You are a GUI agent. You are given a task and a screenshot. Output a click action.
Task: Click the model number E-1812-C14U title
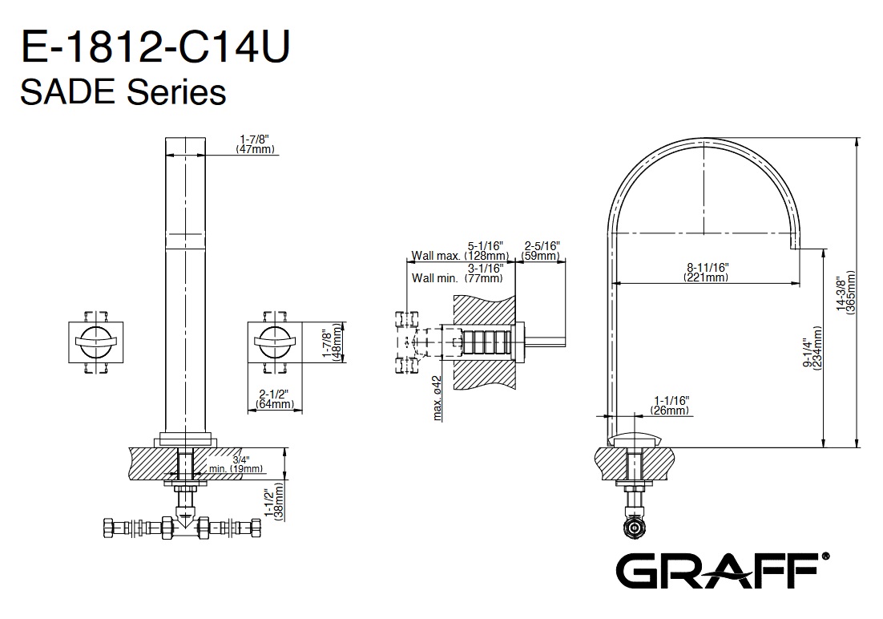(155, 47)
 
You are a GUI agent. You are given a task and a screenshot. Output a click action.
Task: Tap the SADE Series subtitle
(123, 92)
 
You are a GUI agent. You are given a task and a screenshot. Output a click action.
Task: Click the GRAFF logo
(717, 571)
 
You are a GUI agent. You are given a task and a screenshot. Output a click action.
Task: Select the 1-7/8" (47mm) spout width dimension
(255, 144)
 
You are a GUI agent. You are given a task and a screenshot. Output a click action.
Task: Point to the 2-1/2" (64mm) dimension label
(274, 399)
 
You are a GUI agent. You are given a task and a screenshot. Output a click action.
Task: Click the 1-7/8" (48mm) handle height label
(333, 342)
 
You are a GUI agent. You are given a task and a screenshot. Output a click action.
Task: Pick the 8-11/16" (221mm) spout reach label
(707, 272)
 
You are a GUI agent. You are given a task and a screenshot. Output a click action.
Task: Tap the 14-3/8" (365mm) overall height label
(846, 292)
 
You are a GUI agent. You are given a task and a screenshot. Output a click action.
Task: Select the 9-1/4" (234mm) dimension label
(812, 346)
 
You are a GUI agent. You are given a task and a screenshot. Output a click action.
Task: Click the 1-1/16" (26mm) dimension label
(671, 406)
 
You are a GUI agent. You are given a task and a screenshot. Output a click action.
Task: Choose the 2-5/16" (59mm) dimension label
(541, 251)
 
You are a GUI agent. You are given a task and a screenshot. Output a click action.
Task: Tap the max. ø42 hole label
(437, 398)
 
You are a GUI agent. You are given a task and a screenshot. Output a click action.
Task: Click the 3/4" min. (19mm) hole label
(236, 464)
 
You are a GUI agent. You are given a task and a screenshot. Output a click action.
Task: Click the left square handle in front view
(95, 342)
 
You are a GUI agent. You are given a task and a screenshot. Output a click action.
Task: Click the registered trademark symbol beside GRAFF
(825, 556)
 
